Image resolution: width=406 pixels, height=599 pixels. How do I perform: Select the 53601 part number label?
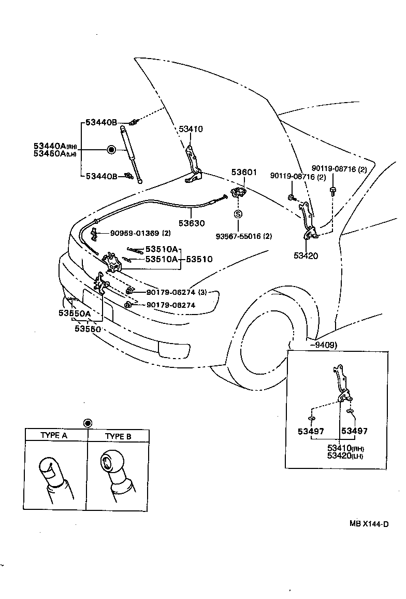244,172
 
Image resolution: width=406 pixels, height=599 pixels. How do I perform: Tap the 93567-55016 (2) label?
244,236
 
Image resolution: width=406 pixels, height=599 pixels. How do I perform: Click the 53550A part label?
74,313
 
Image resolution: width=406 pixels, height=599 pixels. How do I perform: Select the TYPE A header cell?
54,435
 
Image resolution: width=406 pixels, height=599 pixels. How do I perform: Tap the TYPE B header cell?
118,436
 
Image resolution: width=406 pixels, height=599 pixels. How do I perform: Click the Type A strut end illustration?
54,472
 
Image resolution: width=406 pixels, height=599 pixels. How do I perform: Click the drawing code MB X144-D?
369,524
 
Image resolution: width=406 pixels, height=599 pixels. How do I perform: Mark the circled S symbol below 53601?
238,213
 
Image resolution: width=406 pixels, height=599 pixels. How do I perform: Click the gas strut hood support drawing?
130,153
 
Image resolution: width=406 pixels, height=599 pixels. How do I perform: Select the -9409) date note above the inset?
323,345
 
